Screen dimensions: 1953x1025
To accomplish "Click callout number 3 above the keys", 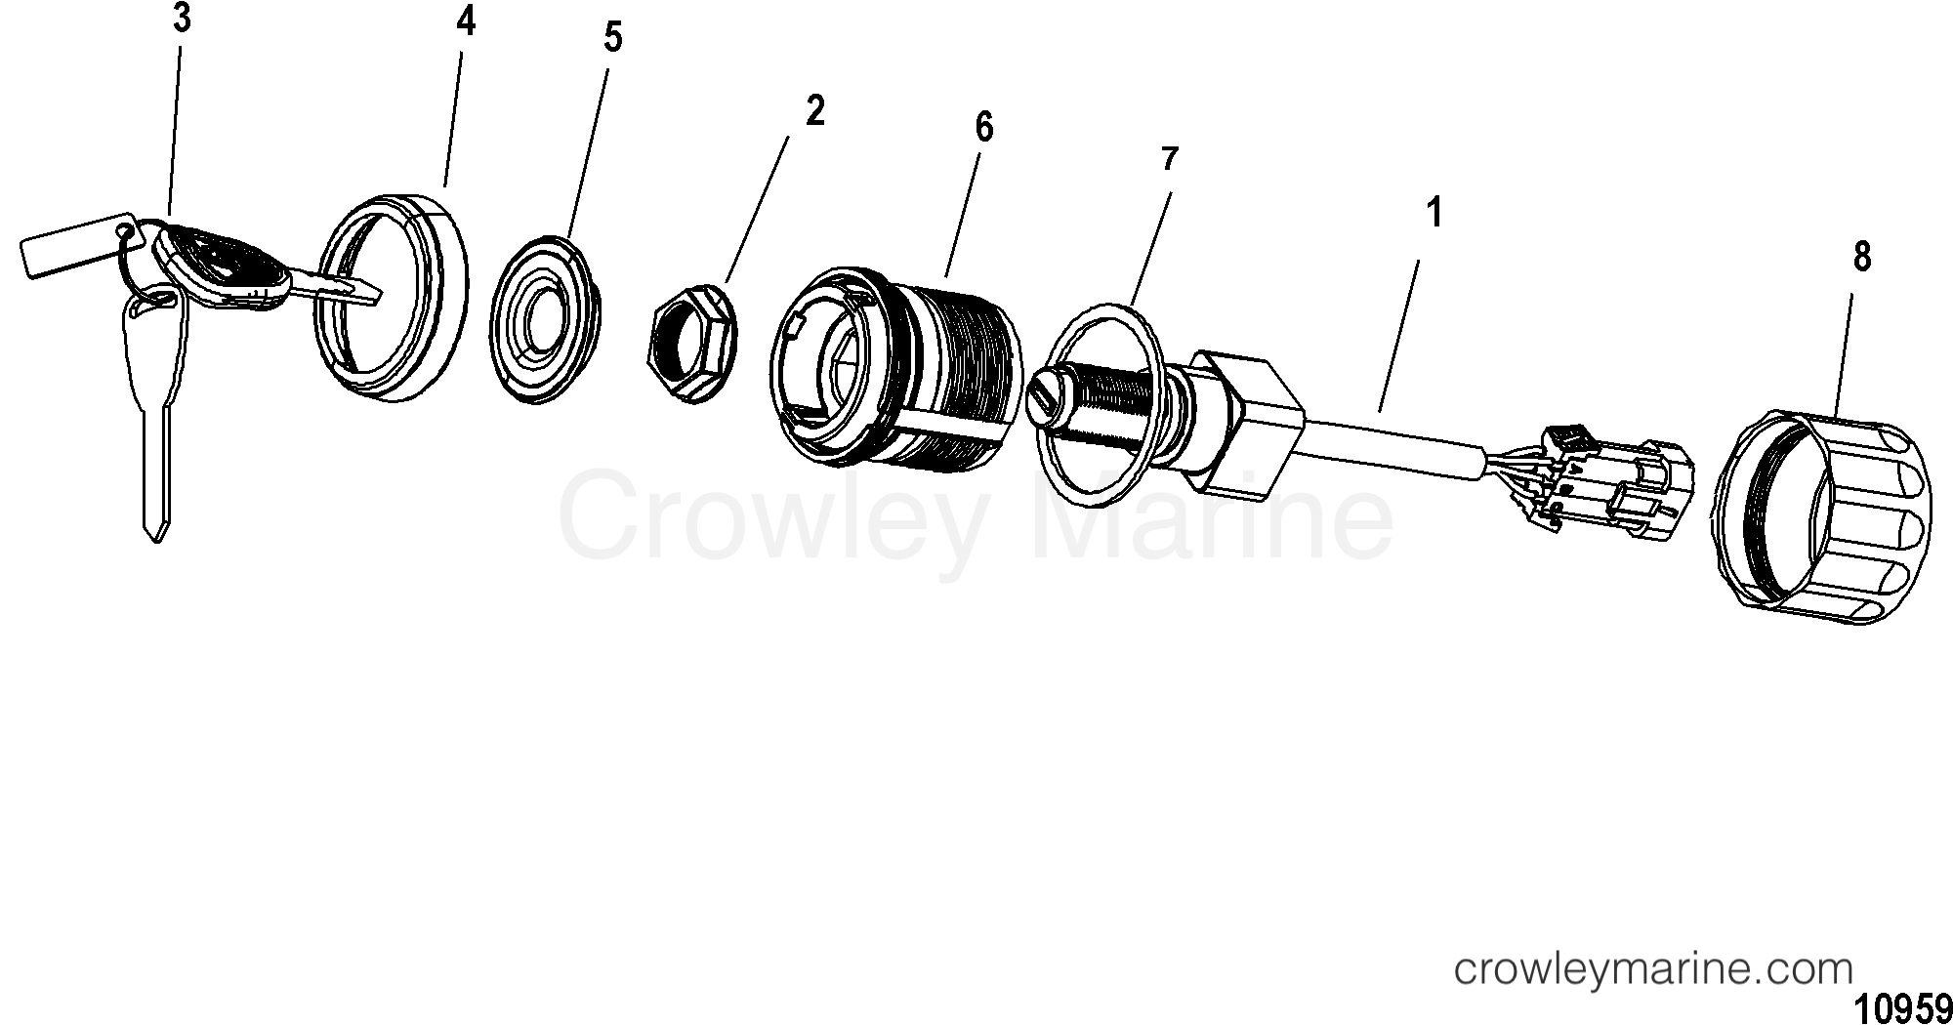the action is tap(182, 20).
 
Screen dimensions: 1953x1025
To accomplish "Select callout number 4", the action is tap(466, 20).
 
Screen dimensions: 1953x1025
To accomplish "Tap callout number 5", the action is tap(612, 38).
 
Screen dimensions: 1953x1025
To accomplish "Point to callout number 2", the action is tap(815, 110).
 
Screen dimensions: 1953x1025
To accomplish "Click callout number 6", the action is tap(983, 128).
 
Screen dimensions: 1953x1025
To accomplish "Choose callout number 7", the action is tap(1170, 159).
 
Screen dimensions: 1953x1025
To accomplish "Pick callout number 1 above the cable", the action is tap(1434, 213).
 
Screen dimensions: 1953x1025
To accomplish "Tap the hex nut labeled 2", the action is tap(694, 340).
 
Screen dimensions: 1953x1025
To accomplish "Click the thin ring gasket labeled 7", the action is tap(1098, 403).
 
